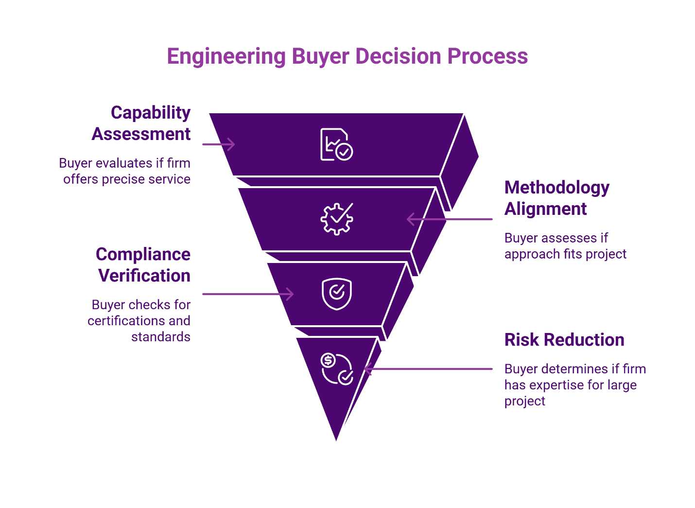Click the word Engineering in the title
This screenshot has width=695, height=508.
[226, 56]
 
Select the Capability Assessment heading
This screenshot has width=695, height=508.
[141, 123]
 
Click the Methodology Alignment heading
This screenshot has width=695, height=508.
[556, 198]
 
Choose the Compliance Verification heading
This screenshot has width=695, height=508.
[143, 265]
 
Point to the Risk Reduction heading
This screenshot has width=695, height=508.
[564, 340]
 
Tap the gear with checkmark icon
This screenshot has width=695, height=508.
[336, 219]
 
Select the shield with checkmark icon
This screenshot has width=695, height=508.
[336, 294]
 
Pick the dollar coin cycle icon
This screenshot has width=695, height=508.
[336, 369]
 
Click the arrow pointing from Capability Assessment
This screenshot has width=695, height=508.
[219, 144]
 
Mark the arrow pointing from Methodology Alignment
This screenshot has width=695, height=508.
[449, 219]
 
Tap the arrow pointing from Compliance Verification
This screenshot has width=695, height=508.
[248, 294]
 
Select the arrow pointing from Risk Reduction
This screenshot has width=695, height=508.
[428, 369]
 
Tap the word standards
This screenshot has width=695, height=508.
[160, 337]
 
